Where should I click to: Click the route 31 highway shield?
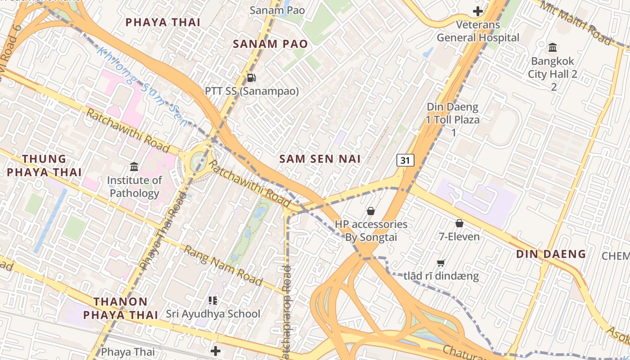[x=405, y=160]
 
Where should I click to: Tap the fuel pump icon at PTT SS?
[x=252, y=78]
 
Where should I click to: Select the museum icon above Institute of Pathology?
[x=134, y=167]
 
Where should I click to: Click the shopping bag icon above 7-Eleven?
[x=459, y=223]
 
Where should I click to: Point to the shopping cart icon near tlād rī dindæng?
[x=441, y=263]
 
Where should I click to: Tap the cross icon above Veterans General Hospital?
[x=478, y=11]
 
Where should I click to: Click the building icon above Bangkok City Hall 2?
[x=553, y=47]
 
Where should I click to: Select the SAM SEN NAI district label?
[x=320, y=159]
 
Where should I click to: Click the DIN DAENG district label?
[x=551, y=254]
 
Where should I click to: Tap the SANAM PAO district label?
[x=270, y=44]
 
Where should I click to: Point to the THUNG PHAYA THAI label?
[x=44, y=166]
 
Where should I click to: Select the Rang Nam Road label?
[x=223, y=265]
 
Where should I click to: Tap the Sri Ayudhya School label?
[x=213, y=314]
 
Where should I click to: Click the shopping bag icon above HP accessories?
[x=371, y=211]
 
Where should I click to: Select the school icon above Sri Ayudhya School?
[x=213, y=300]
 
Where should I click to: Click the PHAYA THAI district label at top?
[x=162, y=22]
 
